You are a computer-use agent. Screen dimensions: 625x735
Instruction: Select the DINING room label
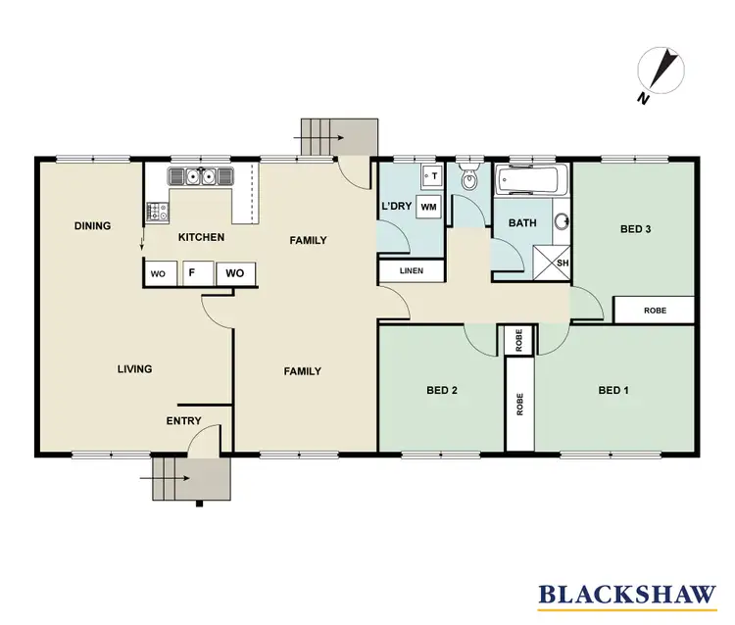[93, 226]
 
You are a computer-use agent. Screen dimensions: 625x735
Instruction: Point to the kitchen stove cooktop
[157, 210]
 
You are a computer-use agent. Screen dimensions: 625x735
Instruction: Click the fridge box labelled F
[193, 274]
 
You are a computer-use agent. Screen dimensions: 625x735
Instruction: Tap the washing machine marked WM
[427, 207]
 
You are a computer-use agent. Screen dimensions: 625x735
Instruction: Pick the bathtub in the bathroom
[528, 181]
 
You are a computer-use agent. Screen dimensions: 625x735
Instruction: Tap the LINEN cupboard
[411, 271]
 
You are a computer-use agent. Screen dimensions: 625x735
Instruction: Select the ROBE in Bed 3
[654, 310]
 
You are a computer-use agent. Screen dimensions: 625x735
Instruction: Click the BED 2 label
[442, 390]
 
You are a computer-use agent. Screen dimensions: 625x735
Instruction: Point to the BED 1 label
[613, 390]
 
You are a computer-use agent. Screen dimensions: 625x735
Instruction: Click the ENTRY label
[183, 421]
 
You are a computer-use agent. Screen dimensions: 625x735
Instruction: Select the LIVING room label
[134, 369]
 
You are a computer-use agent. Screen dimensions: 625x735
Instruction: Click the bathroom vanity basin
[563, 219]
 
